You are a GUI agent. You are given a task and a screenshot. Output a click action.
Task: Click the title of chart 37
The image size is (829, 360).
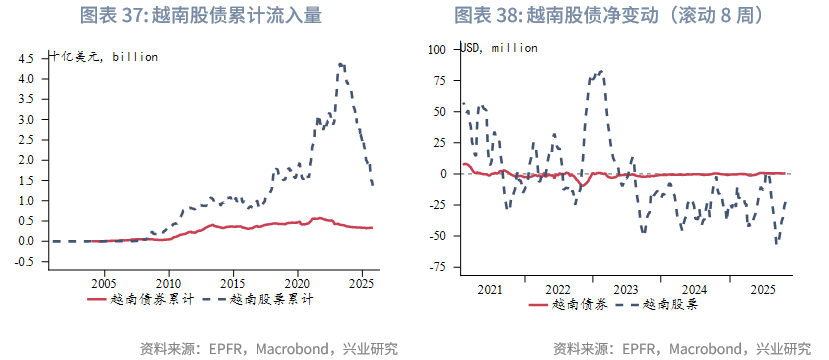click(207, 16)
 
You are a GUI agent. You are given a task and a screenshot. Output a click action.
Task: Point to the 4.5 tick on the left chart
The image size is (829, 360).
click(27, 58)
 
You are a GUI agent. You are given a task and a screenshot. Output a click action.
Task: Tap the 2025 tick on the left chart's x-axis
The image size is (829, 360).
click(362, 283)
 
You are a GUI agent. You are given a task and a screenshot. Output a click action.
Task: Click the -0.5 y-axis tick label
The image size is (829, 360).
click(25, 262)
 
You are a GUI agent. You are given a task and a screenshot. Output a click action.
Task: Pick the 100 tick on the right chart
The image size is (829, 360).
click(436, 48)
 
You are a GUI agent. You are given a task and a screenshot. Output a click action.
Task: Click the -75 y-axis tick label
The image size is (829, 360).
click(436, 268)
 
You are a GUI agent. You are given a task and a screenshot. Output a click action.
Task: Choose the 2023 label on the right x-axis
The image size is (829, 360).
click(626, 290)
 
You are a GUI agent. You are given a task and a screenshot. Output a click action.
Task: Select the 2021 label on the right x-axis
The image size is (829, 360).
click(490, 290)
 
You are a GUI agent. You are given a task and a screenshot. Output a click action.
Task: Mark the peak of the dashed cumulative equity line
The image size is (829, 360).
click(342, 64)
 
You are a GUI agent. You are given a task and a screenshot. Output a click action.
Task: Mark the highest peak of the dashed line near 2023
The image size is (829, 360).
click(600, 71)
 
